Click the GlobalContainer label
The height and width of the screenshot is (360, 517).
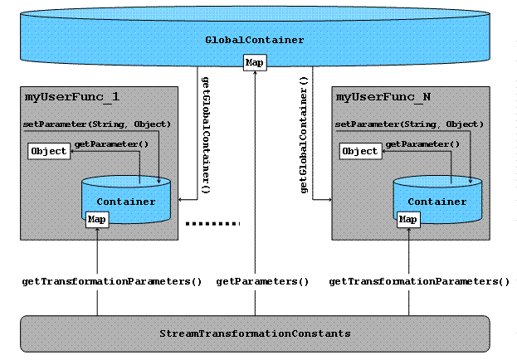[255, 40]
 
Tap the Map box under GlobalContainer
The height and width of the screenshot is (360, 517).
[254, 63]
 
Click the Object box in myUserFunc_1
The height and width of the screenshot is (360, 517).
[47, 151]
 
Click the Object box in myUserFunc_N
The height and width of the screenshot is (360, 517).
[359, 151]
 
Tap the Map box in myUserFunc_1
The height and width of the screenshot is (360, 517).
[97, 219]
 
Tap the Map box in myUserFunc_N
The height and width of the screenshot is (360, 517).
[408, 219]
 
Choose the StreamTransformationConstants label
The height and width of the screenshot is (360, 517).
[255, 333]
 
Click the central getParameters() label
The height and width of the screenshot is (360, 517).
[262, 282]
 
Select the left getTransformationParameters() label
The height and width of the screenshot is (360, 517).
[111, 282]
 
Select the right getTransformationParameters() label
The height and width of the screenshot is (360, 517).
[419, 282]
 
